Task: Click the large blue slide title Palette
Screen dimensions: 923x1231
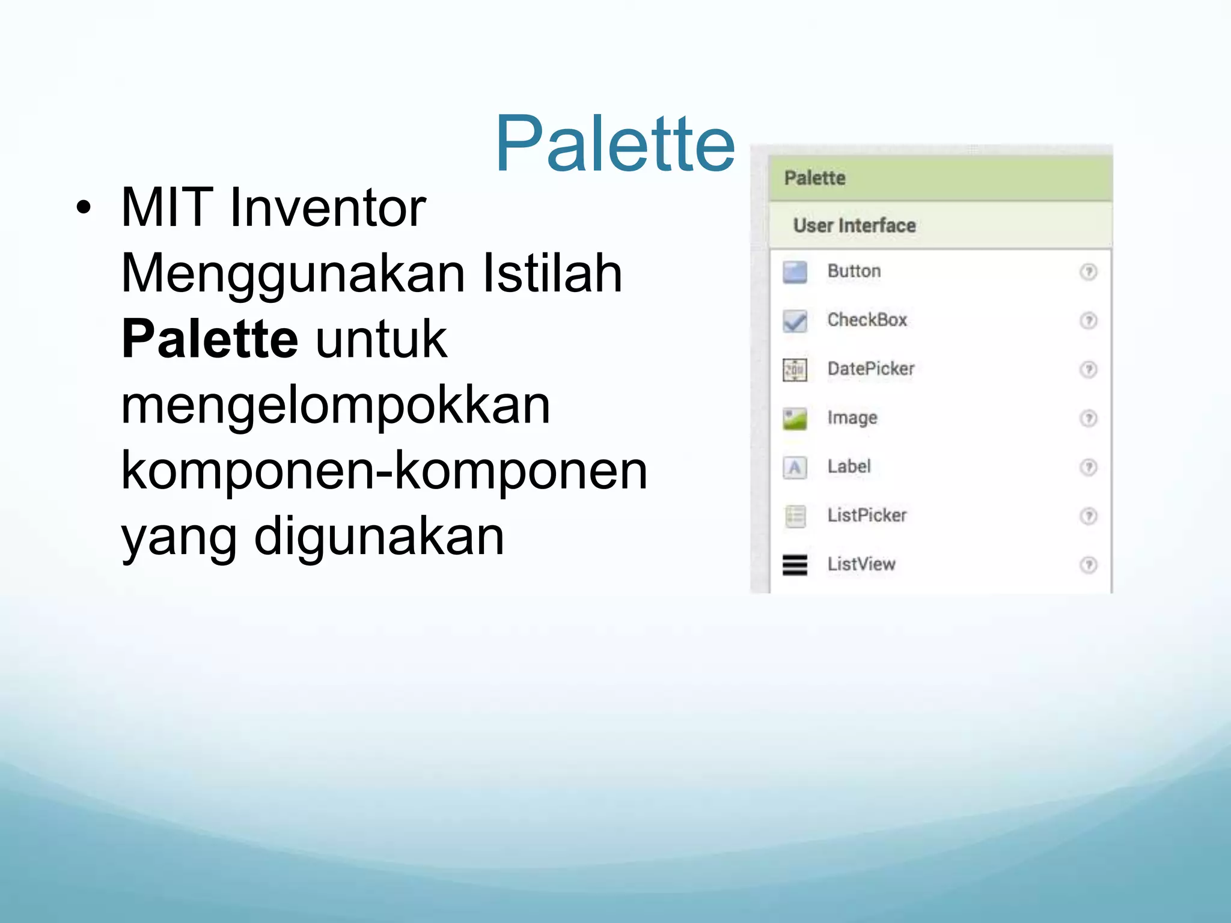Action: [x=614, y=144]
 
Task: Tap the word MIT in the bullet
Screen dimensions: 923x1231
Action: [x=166, y=208]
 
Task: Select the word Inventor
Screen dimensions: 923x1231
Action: [x=328, y=208]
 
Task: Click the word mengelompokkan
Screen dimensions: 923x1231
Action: [x=335, y=406]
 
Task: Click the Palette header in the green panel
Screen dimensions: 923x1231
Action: [x=814, y=178]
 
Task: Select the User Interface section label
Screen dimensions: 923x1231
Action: [x=854, y=225]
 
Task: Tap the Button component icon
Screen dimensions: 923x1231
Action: [x=795, y=272]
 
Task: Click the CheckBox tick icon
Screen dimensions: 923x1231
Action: [x=795, y=321]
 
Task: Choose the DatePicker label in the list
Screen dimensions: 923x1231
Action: [x=870, y=368]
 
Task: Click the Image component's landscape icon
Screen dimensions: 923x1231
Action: [x=795, y=419]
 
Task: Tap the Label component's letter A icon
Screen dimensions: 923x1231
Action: [x=795, y=468]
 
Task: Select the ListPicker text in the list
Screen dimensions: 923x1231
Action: [x=866, y=515]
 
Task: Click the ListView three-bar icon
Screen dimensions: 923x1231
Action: [x=795, y=565]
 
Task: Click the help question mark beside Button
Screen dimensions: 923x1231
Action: [x=1088, y=272]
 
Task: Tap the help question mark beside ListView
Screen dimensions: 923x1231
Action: [x=1088, y=565]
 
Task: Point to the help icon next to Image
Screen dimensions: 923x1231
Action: [x=1088, y=418]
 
